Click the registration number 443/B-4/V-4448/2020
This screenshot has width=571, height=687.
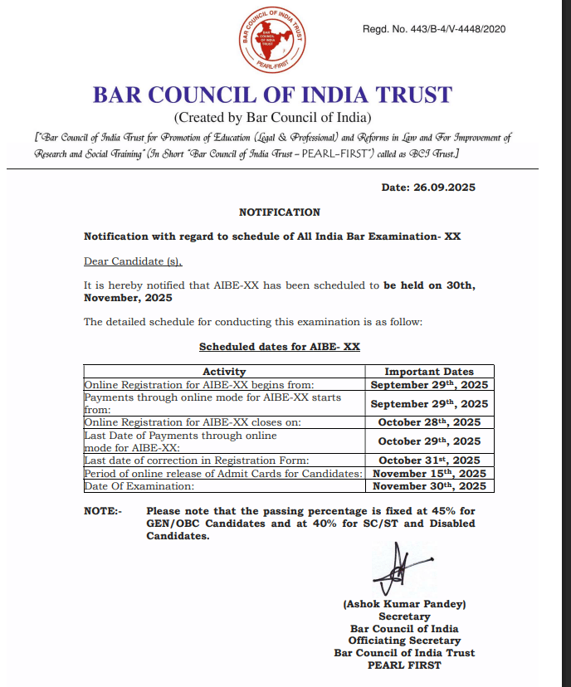pyautogui.click(x=434, y=30)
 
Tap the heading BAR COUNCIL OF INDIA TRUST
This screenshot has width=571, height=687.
pyautogui.click(x=272, y=95)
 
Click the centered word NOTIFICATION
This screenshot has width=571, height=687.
pyautogui.click(x=280, y=212)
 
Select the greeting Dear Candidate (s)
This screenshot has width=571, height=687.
pyautogui.click(x=133, y=261)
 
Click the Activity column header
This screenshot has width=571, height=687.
pyautogui.click(x=224, y=372)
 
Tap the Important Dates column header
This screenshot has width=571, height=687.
pyautogui.click(x=429, y=372)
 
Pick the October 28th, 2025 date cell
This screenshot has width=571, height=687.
pyautogui.click(x=429, y=421)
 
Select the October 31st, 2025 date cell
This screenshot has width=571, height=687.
pyautogui.click(x=429, y=460)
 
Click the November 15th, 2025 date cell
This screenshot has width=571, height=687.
pyautogui.click(x=429, y=473)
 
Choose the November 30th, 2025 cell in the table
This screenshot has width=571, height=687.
pyautogui.click(x=429, y=485)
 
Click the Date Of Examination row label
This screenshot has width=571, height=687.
pyautogui.click(x=139, y=485)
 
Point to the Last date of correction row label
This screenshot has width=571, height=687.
pyautogui.click(x=197, y=460)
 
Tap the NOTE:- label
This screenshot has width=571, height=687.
pyautogui.click(x=103, y=511)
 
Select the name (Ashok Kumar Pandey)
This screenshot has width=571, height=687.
pyautogui.click(x=404, y=605)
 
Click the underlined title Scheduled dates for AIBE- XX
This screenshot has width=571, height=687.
pyautogui.click(x=280, y=347)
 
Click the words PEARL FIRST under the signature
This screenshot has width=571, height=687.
pyautogui.click(x=404, y=665)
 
